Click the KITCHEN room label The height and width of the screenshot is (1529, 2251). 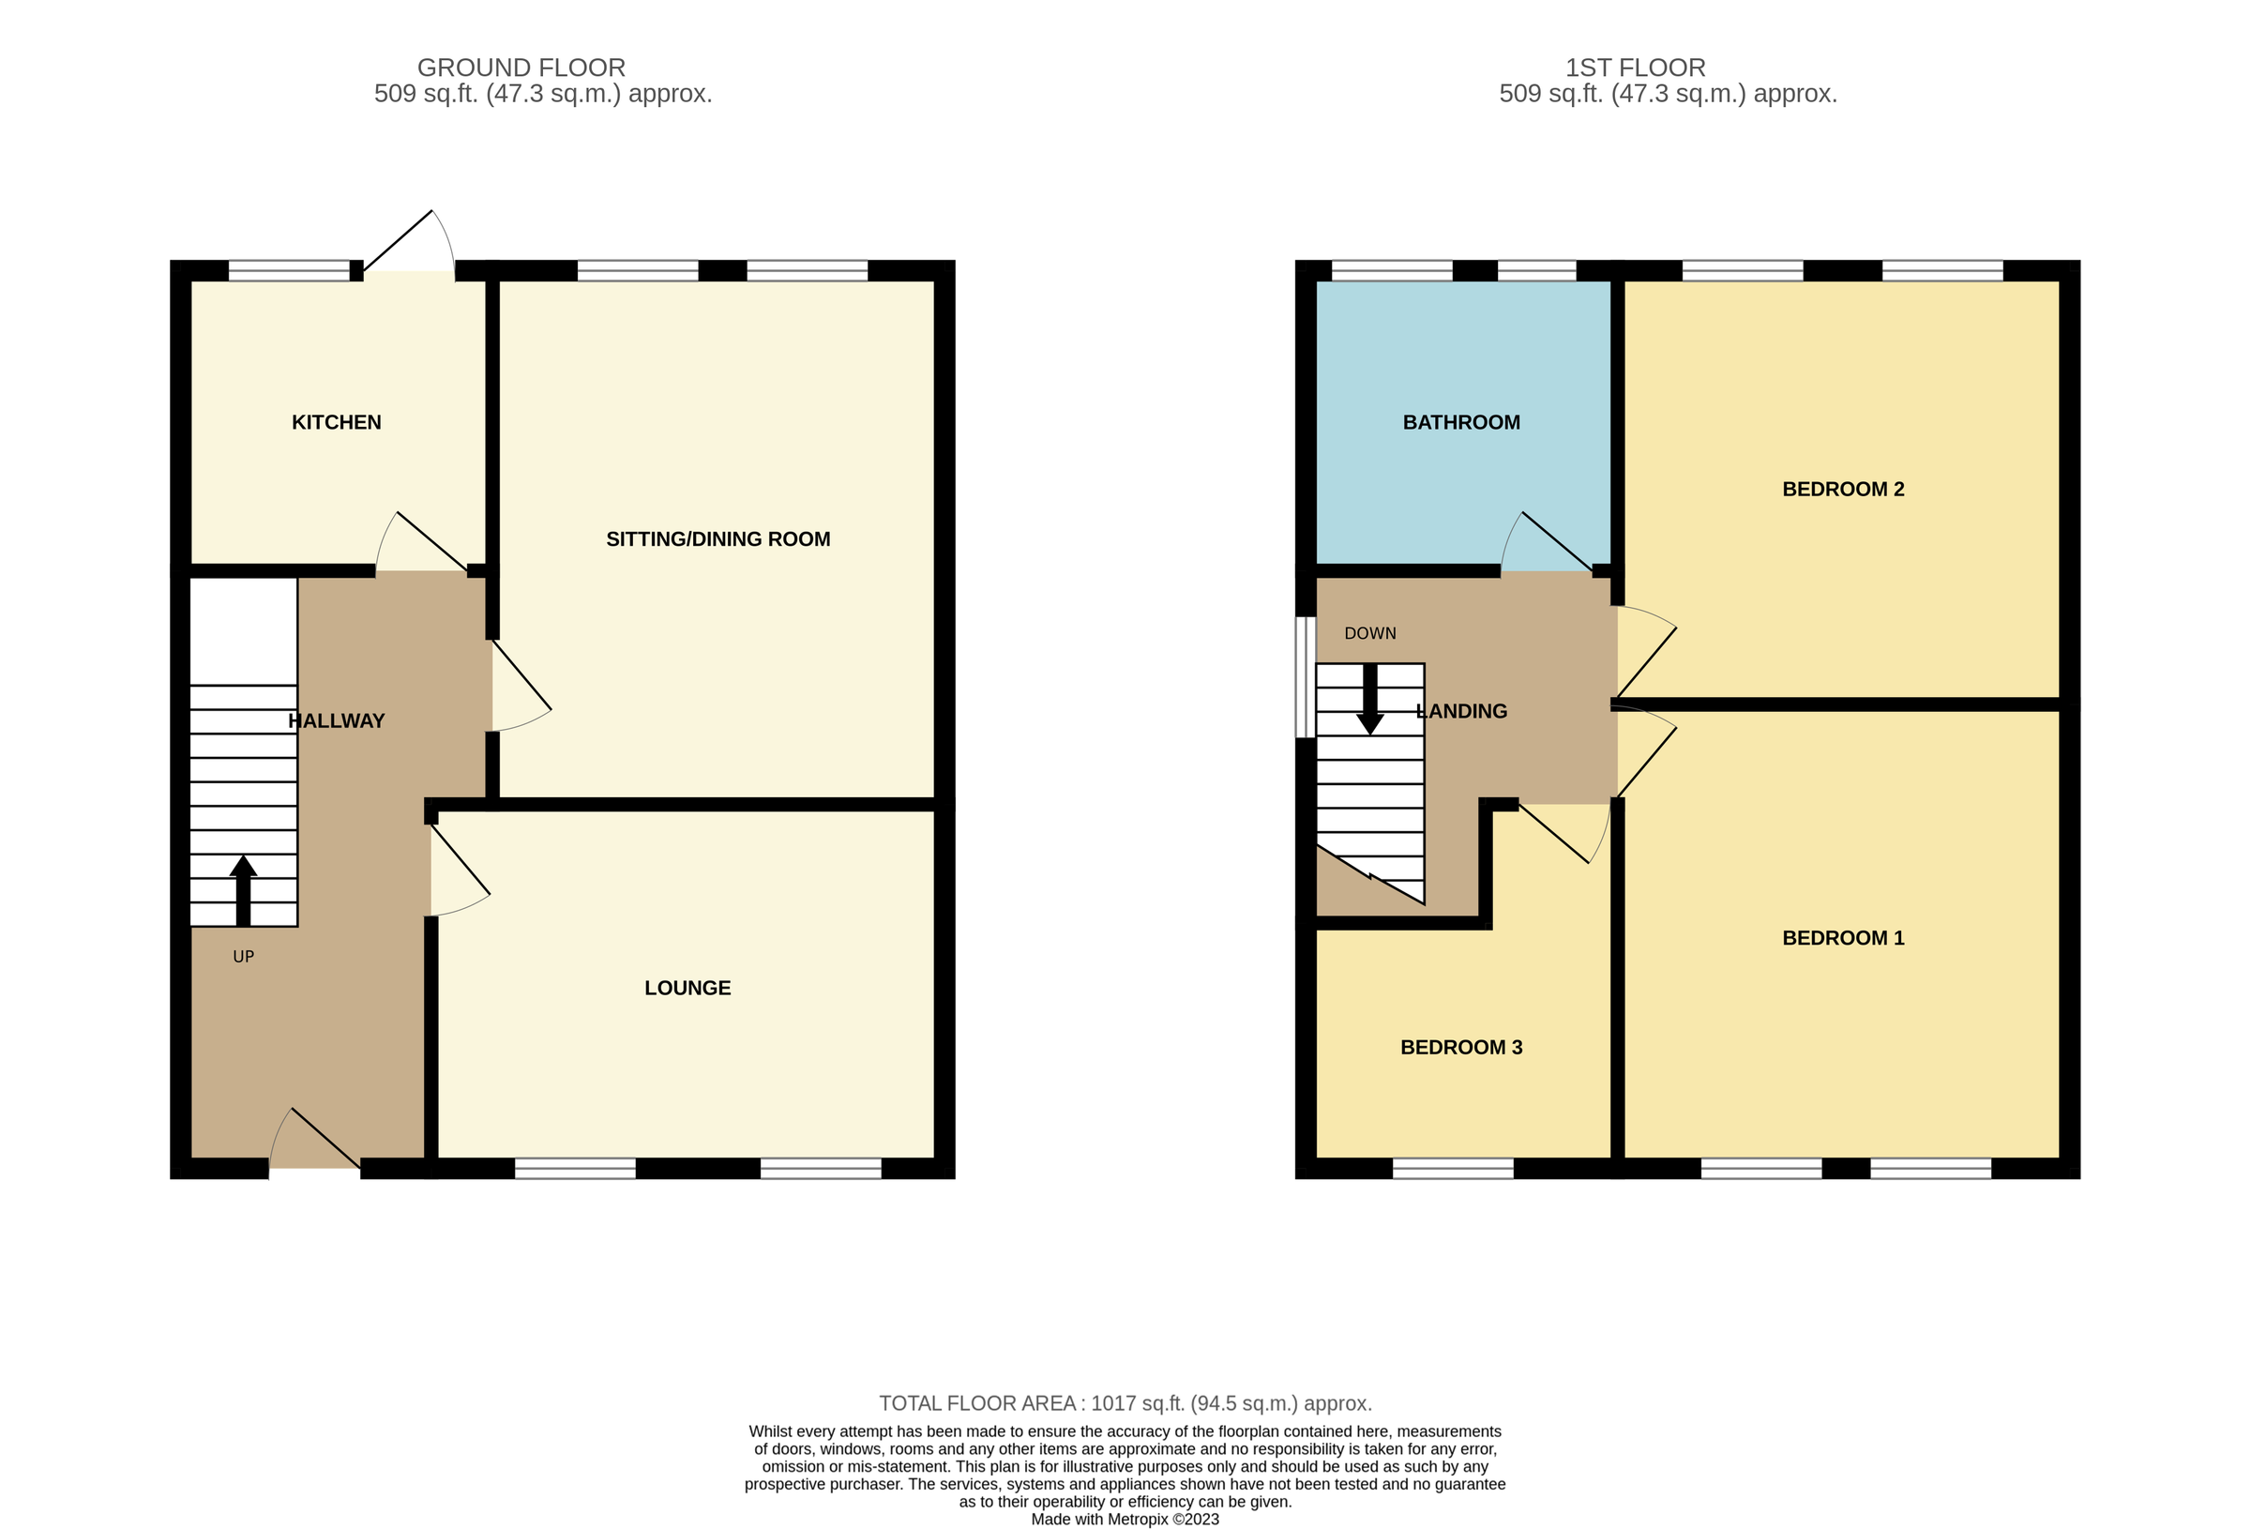(336, 422)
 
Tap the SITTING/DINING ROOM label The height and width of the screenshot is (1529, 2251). (718, 539)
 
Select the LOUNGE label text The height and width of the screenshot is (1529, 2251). (687, 989)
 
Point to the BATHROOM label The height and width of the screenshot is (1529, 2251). (1460, 422)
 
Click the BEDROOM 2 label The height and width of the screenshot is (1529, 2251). (1842, 490)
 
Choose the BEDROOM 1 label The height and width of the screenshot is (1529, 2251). (1842, 938)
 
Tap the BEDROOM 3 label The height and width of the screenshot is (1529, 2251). (1460, 1048)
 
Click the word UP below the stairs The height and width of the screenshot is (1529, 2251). (243, 958)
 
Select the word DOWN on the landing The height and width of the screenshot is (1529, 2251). (1369, 634)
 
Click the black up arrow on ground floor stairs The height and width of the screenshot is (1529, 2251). (243, 889)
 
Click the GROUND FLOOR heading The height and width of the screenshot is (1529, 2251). (521, 68)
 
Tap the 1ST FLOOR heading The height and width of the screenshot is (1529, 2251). (1635, 68)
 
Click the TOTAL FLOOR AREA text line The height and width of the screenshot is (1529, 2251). (1125, 1403)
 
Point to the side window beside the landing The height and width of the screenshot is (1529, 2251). (1305, 677)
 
